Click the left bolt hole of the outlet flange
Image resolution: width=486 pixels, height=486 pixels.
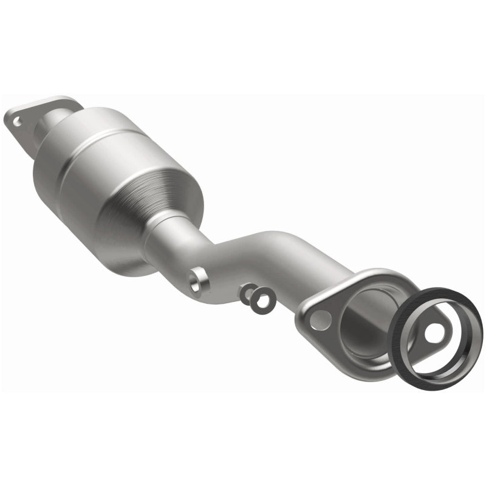click(x=320, y=318)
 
